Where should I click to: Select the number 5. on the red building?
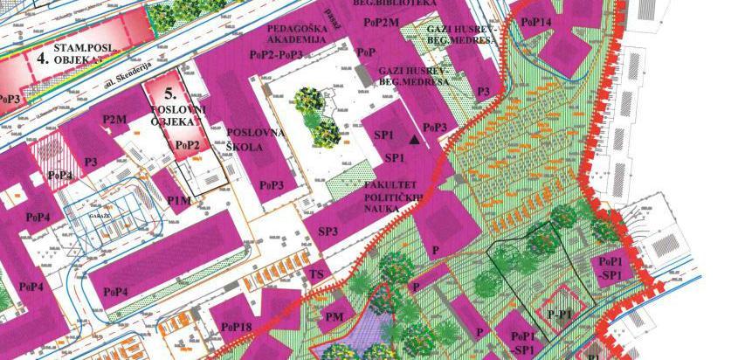[170, 92]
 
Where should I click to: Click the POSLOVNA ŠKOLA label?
[245, 140]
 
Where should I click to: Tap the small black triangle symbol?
[415, 138]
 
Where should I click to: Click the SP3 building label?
[328, 232]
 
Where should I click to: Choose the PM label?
[334, 316]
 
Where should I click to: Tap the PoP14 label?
[536, 22]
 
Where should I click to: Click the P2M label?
[114, 120]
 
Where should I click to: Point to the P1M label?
[178, 202]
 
